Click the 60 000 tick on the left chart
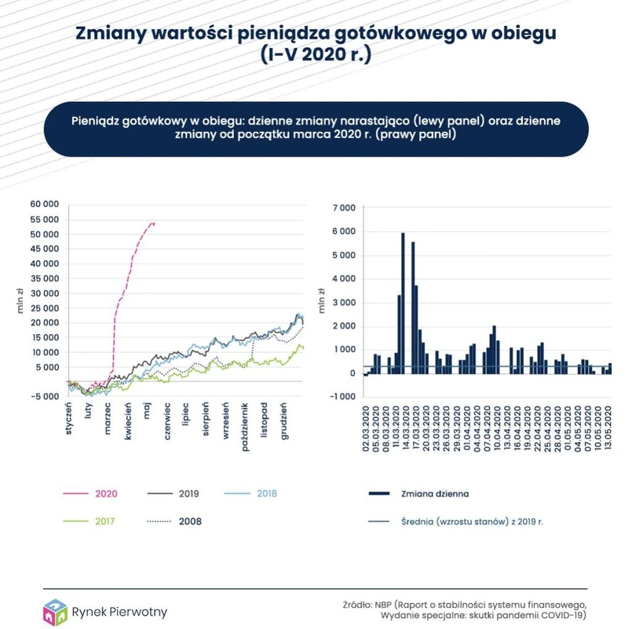pos(45,205)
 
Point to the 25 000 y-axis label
pos(45,307)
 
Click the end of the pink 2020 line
pos(154,224)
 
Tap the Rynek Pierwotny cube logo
pos(55,610)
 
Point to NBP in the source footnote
pos(382,604)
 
